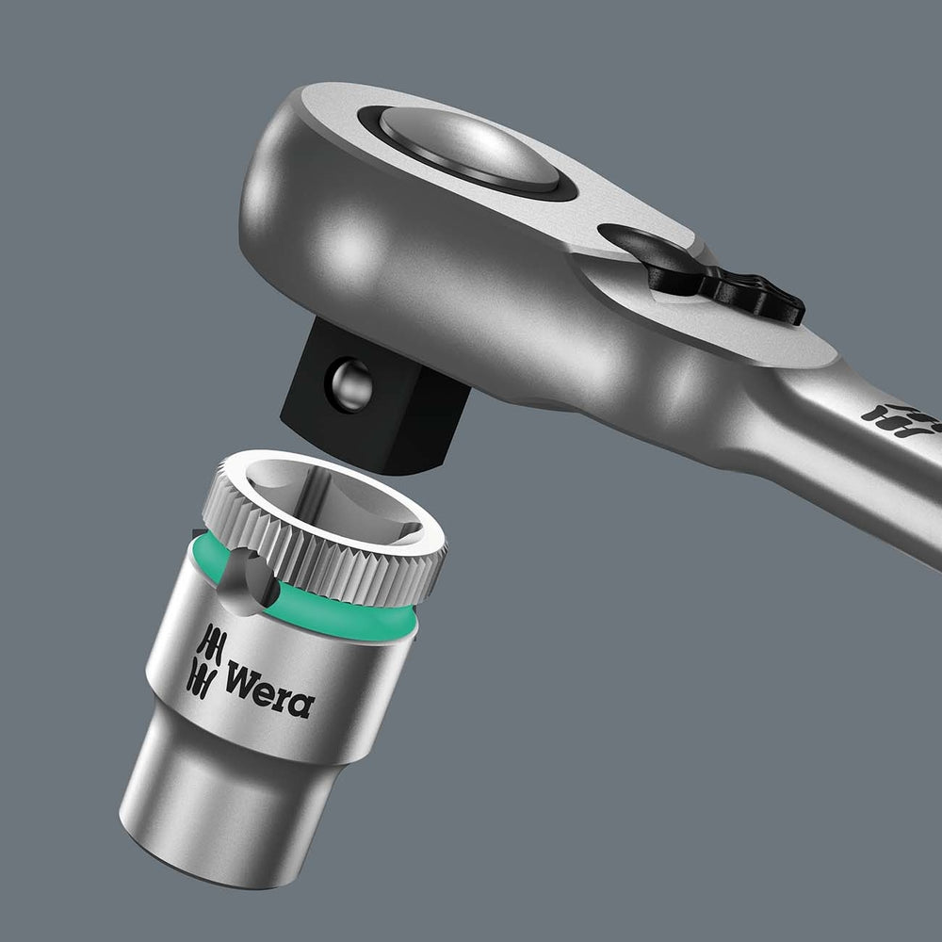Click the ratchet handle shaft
848,471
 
